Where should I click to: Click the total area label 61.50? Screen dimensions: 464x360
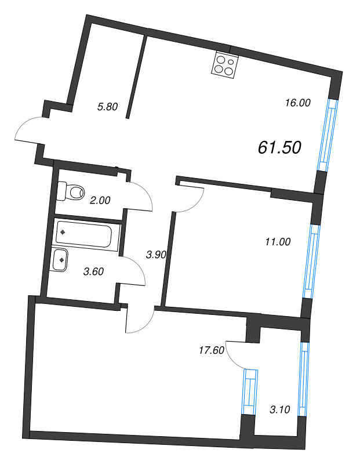click(279, 148)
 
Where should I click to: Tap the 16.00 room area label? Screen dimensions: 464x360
click(298, 103)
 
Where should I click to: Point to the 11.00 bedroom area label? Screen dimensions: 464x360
click(277, 242)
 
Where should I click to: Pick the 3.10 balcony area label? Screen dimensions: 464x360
click(281, 409)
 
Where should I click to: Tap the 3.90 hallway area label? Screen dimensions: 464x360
click(157, 254)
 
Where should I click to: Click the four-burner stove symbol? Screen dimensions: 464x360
click(226, 64)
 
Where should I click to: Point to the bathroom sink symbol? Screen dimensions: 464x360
click(61, 260)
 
